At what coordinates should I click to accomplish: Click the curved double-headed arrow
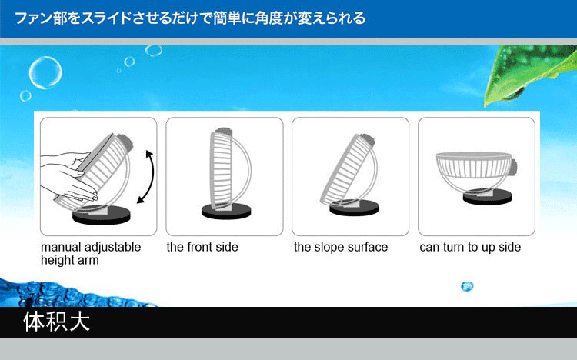152,177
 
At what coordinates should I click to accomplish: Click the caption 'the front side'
202,247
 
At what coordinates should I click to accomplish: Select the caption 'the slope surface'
341,247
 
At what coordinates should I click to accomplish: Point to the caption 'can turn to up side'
470,248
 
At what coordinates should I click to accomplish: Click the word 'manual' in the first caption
61,247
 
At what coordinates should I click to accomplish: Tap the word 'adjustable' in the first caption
112,248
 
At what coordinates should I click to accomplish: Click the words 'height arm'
70,260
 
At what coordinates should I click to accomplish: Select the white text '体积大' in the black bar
57,322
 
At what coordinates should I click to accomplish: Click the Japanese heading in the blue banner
190,18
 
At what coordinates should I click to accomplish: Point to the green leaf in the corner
530,74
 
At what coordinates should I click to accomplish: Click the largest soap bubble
45,72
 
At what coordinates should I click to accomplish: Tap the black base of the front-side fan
226,212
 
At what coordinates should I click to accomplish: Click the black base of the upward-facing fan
487,197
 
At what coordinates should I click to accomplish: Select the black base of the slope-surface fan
354,208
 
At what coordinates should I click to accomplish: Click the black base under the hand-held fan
102,215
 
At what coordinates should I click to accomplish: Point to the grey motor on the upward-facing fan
514,167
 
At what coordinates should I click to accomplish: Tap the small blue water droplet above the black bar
467,286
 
